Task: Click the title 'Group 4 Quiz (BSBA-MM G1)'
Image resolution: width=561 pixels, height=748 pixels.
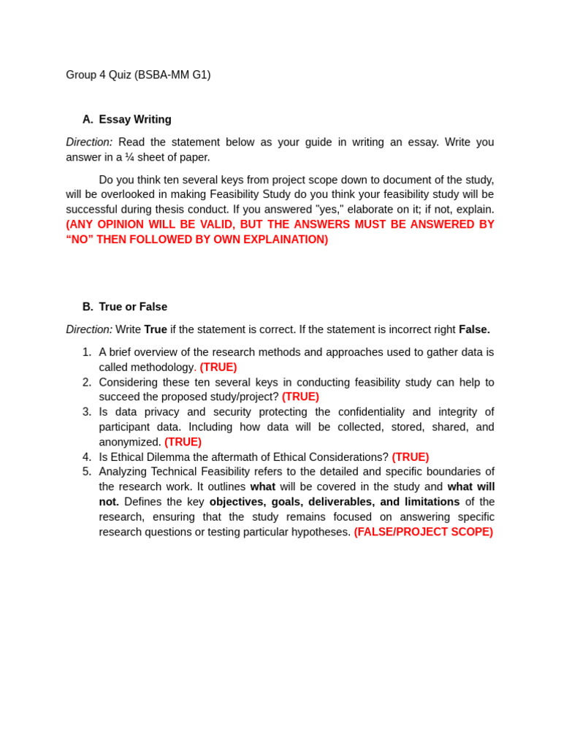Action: coord(138,75)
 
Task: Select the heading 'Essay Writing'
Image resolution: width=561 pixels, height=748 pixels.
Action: coord(135,120)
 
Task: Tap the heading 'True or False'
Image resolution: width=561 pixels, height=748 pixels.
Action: coord(133,307)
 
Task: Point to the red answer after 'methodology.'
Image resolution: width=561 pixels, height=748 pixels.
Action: coord(218,367)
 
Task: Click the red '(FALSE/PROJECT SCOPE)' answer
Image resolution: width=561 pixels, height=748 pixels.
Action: coord(424,533)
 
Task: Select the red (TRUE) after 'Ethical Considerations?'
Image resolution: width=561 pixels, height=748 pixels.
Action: coord(411,457)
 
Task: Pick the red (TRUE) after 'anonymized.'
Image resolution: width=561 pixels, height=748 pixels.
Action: coord(183,442)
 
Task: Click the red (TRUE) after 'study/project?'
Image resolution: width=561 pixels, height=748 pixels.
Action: coord(300,397)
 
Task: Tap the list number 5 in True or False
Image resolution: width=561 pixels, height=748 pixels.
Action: coord(87,472)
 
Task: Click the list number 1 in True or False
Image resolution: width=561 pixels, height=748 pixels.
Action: coord(87,352)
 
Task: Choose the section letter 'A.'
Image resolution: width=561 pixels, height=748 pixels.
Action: coord(88,120)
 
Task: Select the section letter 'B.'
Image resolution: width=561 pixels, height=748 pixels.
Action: coord(88,307)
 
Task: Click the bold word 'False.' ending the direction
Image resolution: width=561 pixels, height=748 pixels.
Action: coord(474,329)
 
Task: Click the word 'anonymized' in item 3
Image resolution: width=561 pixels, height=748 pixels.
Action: coord(129,442)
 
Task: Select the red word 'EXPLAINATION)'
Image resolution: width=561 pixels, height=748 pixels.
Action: coord(286,240)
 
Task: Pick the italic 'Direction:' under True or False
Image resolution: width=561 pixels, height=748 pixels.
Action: coord(89,329)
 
